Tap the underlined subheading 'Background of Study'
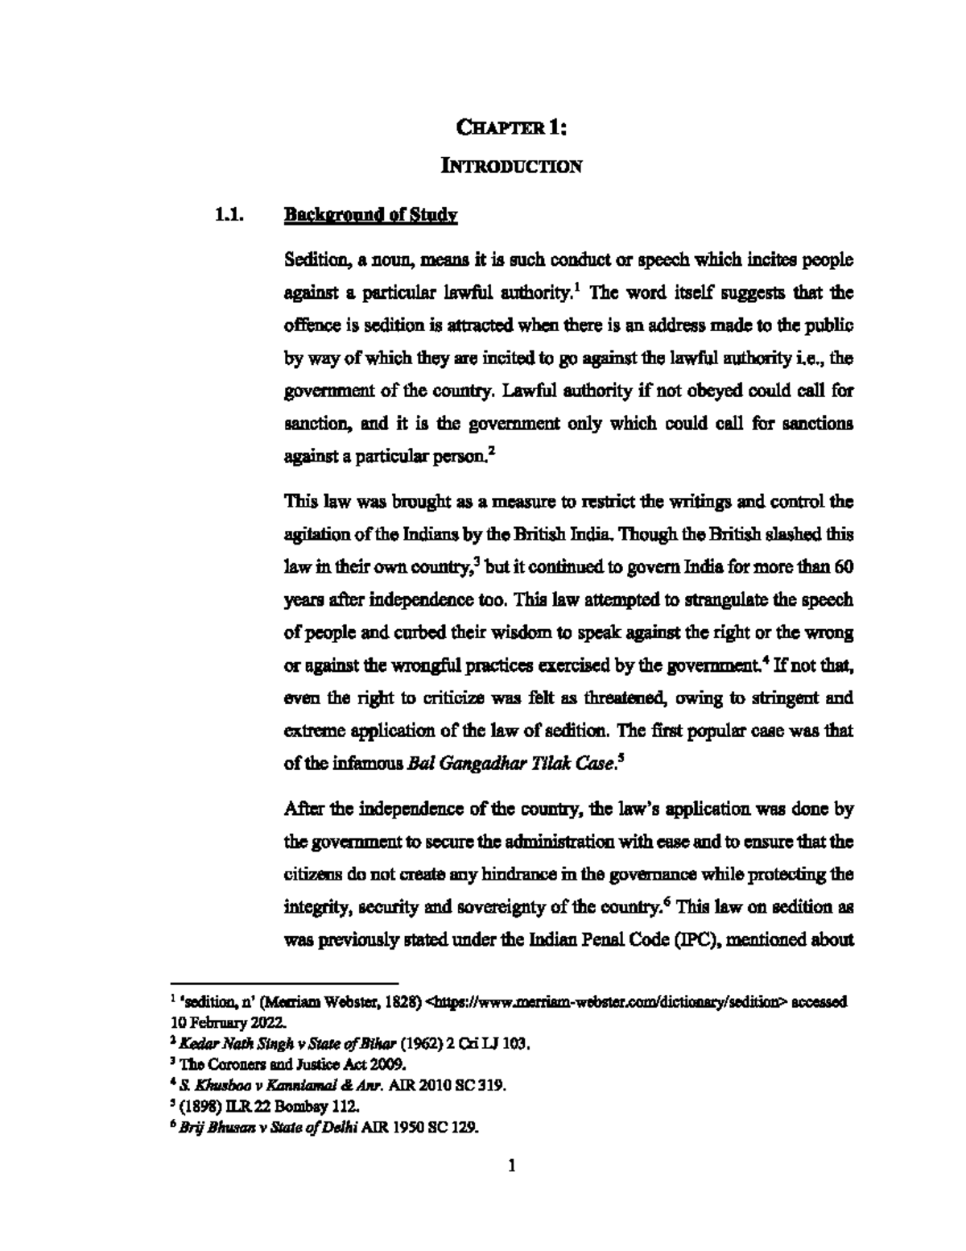371,215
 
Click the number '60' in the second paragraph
844,566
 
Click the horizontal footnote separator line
285,984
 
